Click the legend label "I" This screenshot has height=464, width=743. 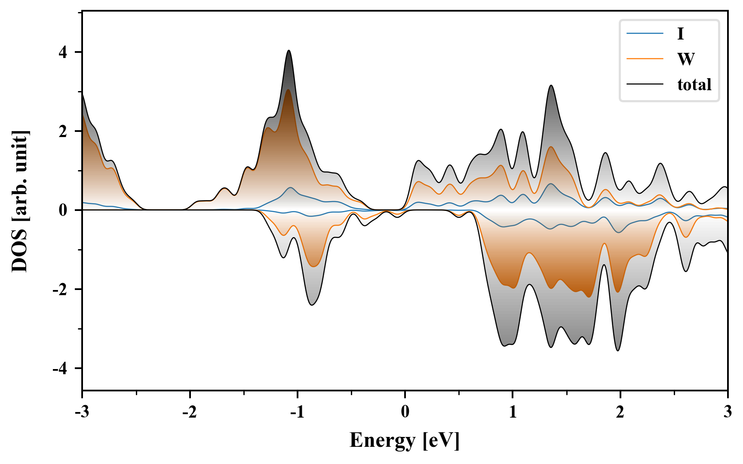pos(680,34)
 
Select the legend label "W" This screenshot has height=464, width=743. pos(686,59)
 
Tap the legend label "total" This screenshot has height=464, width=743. pos(694,84)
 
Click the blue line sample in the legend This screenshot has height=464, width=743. pos(645,34)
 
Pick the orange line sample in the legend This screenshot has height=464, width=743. pos(645,59)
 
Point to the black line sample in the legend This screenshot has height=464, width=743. pos(645,84)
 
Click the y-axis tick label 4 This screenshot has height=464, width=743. pos(64,52)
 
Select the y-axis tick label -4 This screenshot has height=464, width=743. pos(60,369)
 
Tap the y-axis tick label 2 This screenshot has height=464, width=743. pos(64,131)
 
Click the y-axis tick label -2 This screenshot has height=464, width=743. pos(60,290)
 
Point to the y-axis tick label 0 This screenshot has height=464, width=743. pos(64,211)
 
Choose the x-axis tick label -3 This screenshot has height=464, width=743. pos(82,412)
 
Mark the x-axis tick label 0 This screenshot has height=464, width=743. pos(405,412)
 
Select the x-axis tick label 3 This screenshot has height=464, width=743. pos(728,412)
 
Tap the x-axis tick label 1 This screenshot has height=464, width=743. pos(513,412)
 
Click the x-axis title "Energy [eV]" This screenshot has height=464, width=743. pos(405,440)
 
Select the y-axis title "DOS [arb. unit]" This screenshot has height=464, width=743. pos(20,201)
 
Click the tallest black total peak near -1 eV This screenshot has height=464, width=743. pos(289,51)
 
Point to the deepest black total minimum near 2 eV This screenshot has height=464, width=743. pos(618,351)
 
